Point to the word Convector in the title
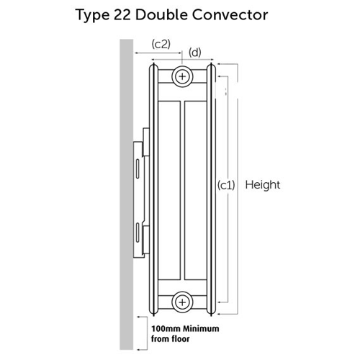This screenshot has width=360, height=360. (x=230, y=15)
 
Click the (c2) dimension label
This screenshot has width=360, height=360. (x=161, y=44)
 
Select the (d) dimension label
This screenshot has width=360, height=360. (x=194, y=53)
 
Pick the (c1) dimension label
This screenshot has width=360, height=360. (x=226, y=185)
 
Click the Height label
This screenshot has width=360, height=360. (x=263, y=185)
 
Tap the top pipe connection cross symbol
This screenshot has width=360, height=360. (x=182, y=76)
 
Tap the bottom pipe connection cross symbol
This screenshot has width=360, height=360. (x=182, y=302)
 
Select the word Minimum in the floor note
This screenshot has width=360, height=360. (x=201, y=328)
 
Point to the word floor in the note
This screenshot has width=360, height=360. (x=180, y=339)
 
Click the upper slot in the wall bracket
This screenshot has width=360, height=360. (x=138, y=168)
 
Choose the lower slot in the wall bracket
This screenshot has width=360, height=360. (x=138, y=233)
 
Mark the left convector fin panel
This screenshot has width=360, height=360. (x=169, y=191)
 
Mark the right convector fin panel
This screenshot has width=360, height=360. (x=195, y=191)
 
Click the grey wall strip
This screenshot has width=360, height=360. (x=127, y=194)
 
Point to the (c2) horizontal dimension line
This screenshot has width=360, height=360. (x=158, y=53)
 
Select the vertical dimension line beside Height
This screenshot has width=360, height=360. (x=238, y=189)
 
